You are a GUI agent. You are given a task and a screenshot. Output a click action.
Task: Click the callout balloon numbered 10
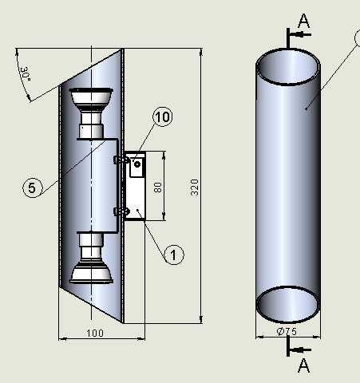click(161, 117)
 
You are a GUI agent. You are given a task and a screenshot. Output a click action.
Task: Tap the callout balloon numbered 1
click(174, 255)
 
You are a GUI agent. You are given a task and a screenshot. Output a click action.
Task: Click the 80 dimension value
click(157, 188)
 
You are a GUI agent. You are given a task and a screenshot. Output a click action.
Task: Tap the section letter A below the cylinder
click(303, 365)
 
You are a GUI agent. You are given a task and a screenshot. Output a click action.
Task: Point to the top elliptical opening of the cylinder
click(288, 69)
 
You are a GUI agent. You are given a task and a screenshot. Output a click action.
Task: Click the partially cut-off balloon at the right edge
click(356, 38)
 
